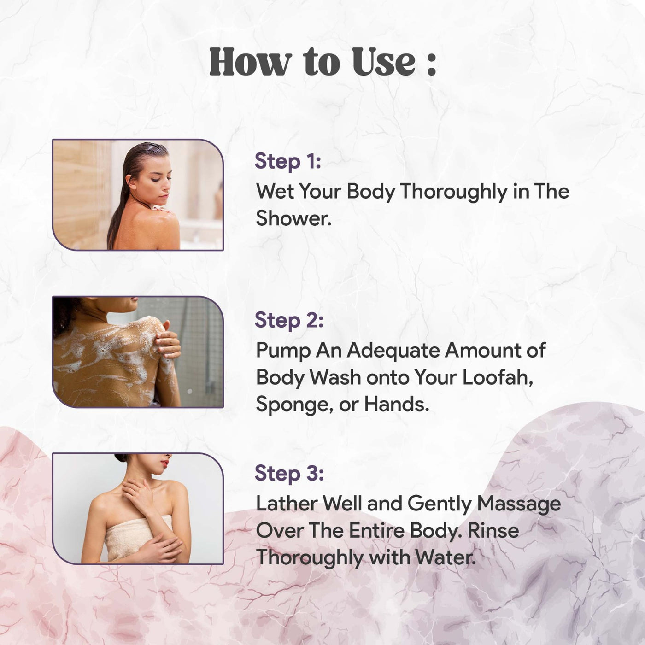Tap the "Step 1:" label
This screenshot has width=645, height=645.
[288, 162]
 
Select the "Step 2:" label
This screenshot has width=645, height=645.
[289, 320]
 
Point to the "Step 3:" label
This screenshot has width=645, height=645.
[289, 474]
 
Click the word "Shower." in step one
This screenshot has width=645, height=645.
[293, 218]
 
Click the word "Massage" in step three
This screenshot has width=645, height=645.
[519, 504]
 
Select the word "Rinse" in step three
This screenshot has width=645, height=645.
[493, 531]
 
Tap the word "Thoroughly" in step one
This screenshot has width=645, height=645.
[454, 192]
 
